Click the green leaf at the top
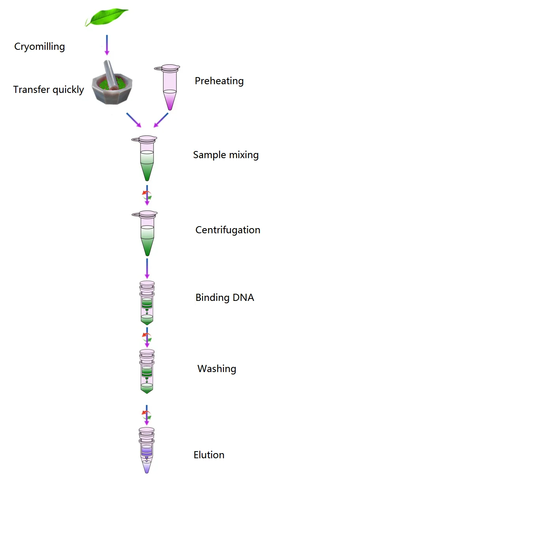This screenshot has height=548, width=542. pyautogui.click(x=107, y=17)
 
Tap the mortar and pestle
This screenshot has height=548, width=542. pyautogui.click(x=112, y=84)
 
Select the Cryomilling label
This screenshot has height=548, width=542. pyautogui.click(x=39, y=47)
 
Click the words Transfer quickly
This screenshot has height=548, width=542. pyautogui.click(x=49, y=90)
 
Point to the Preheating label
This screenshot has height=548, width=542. pyautogui.click(x=219, y=81)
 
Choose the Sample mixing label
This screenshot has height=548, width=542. pyautogui.click(x=226, y=155)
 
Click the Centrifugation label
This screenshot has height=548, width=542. pyautogui.click(x=228, y=230)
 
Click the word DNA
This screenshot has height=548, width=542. pyautogui.click(x=243, y=298)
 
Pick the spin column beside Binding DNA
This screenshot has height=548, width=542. pyautogui.click(x=147, y=302)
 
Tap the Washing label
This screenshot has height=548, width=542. pyautogui.click(x=217, y=369)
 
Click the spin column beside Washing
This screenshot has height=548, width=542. pyautogui.click(x=147, y=371)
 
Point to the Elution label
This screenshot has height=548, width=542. pyautogui.click(x=209, y=455)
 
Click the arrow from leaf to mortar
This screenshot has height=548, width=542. pyautogui.click(x=107, y=45)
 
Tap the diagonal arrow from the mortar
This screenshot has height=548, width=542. pyautogui.click(x=133, y=120)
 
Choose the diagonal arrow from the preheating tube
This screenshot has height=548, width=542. pyautogui.click(x=161, y=120)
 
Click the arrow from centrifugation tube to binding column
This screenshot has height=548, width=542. pyautogui.click(x=147, y=268)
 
